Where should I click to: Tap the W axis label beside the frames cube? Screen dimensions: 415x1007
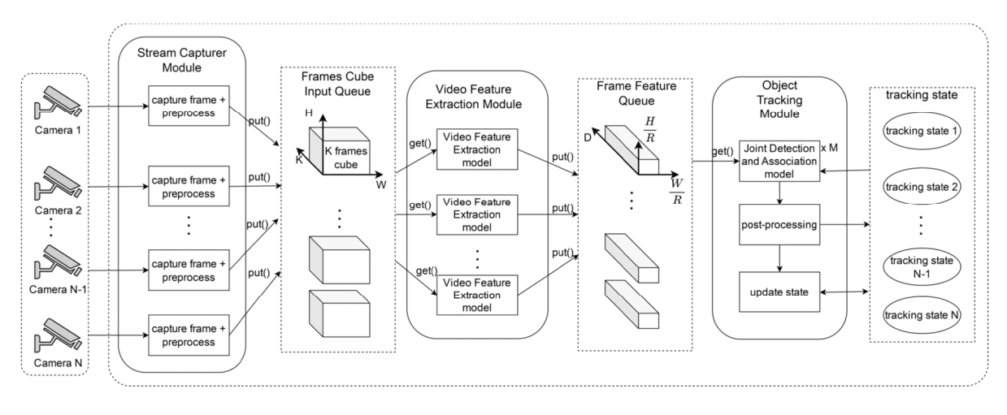pos(380,185)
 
